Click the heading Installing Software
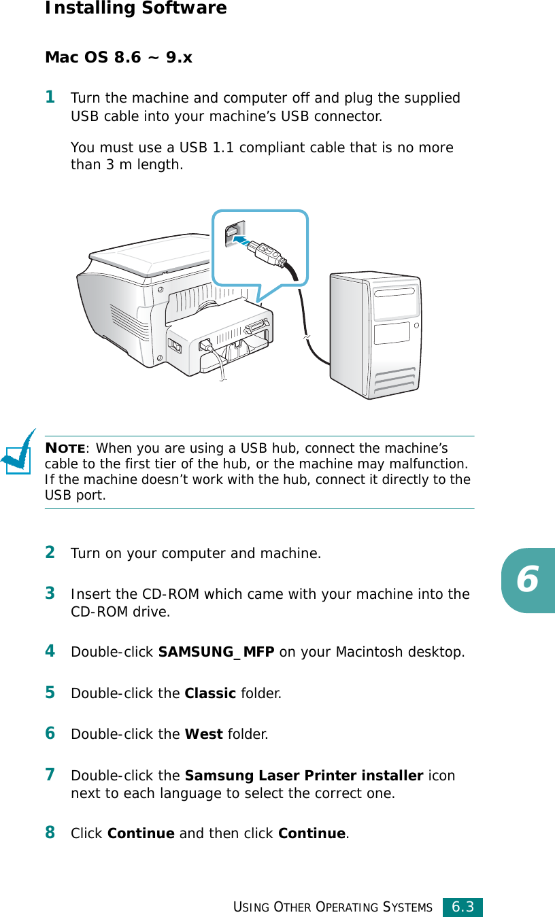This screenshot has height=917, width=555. (x=135, y=9)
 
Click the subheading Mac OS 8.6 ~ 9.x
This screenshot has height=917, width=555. (x=118, y=58)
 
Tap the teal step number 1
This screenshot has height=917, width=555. (x=50, y=97)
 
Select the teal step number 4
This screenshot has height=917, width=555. (x=50, y=651)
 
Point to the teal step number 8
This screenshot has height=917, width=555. (x=50, y=832)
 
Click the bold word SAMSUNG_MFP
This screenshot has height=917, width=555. (x=216, y=653)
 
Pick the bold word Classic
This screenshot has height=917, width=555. (x=210, y=694)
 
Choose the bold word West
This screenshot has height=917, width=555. (x=203, y=734)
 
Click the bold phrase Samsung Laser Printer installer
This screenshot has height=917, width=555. (x=303, y=776)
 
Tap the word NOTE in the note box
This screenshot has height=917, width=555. (x=65, y=448)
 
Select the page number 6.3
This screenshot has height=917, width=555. (x=462, y=907)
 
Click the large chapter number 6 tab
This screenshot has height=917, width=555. (x=528, y=580)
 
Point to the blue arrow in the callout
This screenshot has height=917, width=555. (x=243, y=238)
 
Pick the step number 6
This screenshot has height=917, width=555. (x=50, y=733)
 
